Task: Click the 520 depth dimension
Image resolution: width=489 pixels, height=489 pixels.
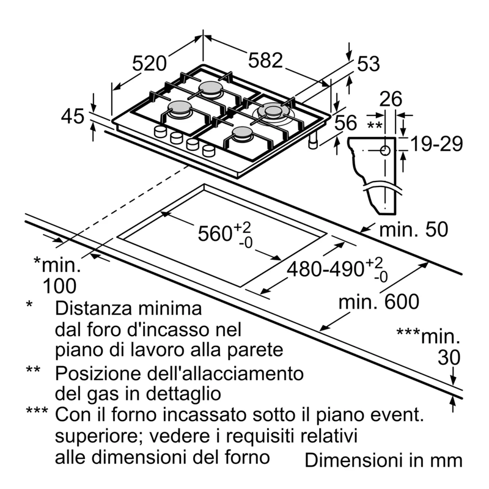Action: tap(149, 64)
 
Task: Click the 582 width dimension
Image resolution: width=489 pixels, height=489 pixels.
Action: tap(265, 60)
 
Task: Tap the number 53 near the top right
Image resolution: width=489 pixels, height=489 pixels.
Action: tap(369, 64)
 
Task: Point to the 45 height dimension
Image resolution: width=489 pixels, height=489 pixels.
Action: tap(73, 116)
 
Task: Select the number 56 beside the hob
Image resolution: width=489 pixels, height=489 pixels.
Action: tap(345, 123)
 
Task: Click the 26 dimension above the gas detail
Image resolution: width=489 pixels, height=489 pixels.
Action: tap(391, 99)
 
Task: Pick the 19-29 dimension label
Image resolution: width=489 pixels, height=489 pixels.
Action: tap(436, 144)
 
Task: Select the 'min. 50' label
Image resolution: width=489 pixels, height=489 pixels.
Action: tap(414, 229)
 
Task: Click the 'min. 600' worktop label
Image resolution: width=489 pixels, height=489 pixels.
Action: tap(379, 301)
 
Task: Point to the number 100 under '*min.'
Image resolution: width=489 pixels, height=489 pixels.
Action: tap(59, 286)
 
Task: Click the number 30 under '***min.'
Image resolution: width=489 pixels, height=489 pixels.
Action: tap(449, 358)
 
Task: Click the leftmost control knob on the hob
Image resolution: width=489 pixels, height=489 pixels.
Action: tap(160, 131)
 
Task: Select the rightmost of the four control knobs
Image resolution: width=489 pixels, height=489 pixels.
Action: tap(208, 150)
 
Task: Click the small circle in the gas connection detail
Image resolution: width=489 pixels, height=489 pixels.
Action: tap(385, 150)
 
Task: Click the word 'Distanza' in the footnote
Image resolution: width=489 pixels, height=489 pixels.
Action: tap(94, 308)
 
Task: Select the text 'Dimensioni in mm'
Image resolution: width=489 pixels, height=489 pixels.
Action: tap(383, 460)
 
